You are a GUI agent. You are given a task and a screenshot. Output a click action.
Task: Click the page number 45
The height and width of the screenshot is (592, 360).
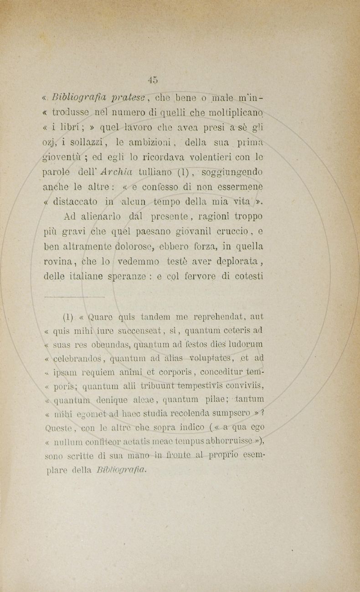[x=153, y=79]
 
